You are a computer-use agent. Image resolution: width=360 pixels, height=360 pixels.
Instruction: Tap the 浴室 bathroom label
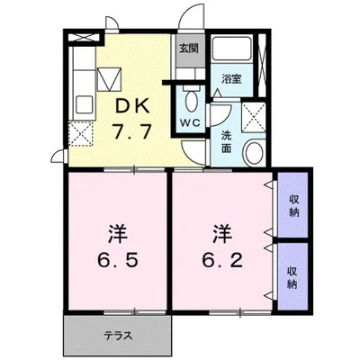231,78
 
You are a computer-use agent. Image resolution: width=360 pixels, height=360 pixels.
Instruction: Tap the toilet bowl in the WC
192,97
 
